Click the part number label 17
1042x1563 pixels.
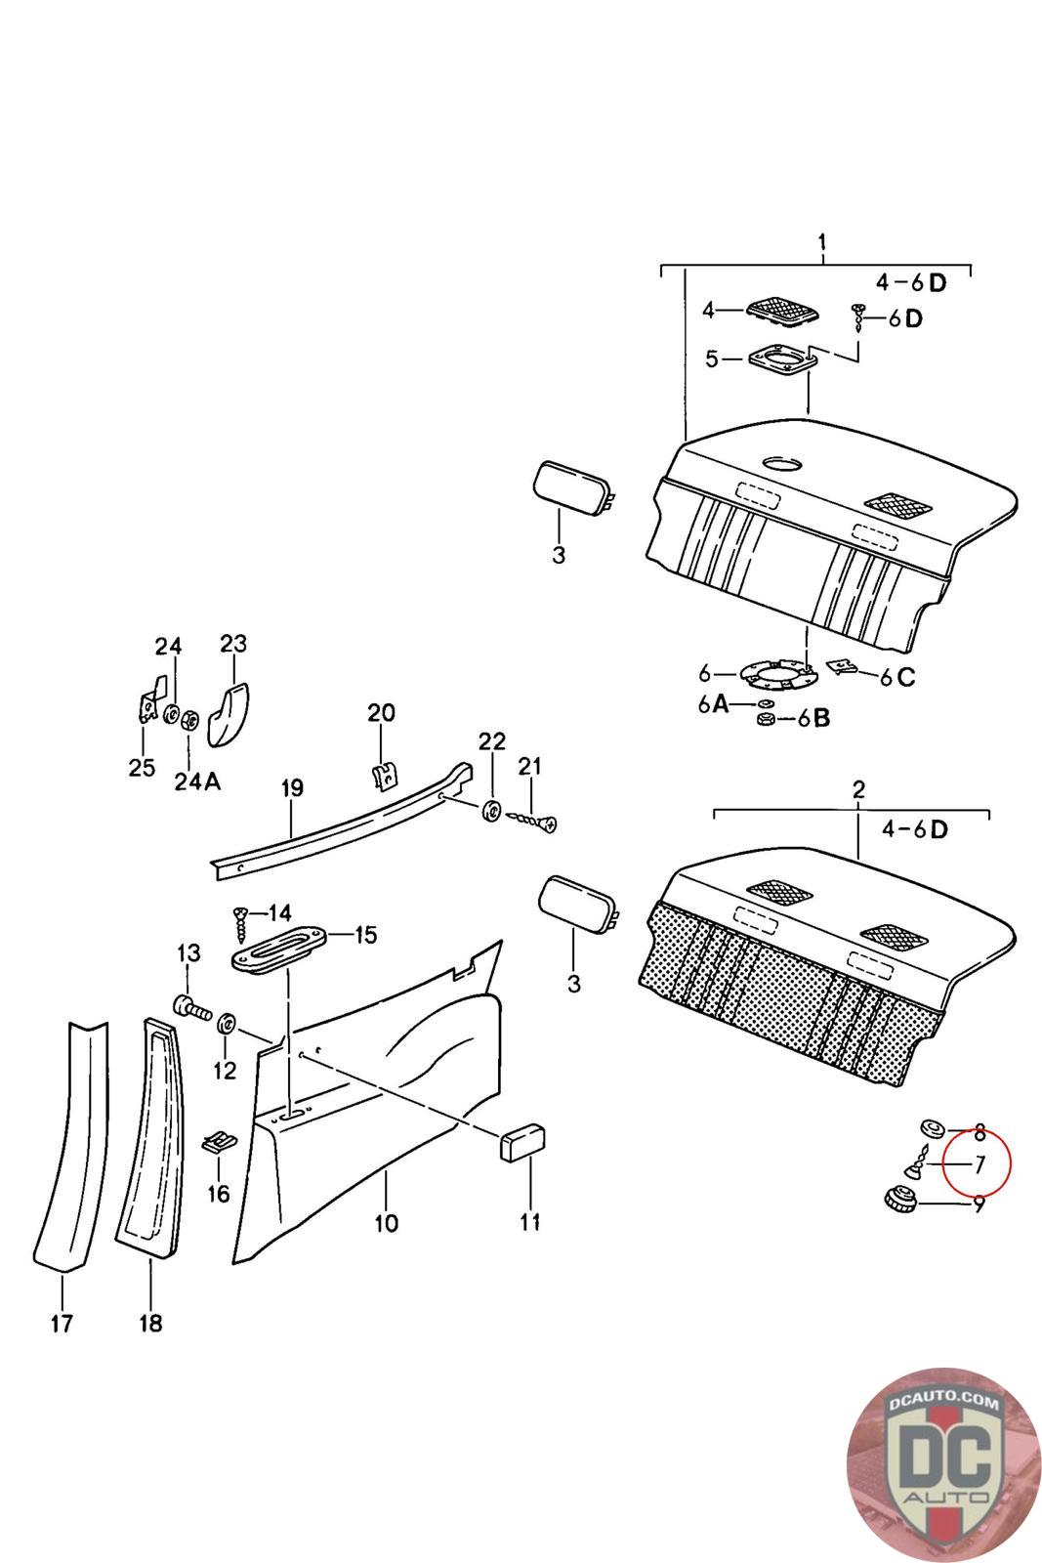tap(62, 1323)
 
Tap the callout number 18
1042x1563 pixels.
tap(150, 1323)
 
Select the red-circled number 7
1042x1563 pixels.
tap(979, 1164)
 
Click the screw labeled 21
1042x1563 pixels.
tap(533, 822)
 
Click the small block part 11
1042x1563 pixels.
tap(522, 1142)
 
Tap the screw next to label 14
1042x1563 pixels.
tap(241, 923)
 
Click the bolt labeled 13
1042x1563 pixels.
tap(191, 1007)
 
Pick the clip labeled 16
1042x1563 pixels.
tap(219, 1143)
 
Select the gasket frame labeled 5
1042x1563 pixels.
tap(782, 360)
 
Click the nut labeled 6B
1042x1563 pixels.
tap(766, 719)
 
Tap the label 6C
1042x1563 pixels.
tap(896, 677)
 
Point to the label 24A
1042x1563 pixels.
tap(197, 781)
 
